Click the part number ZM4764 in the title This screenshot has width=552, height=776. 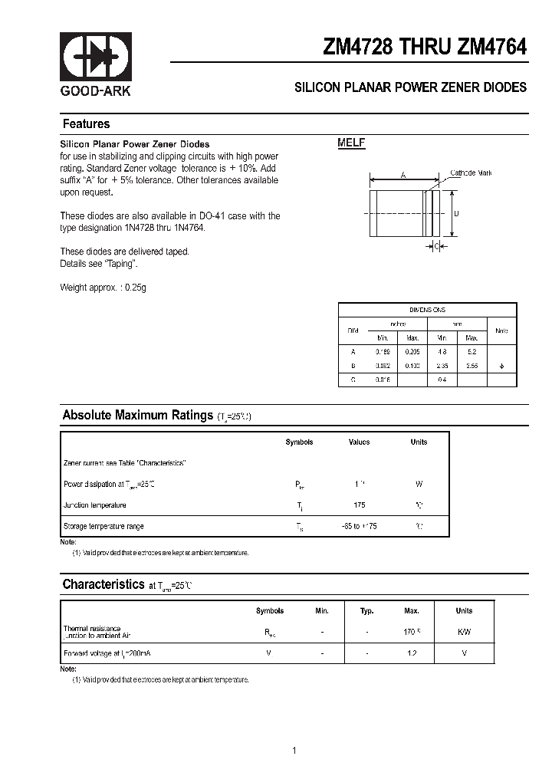(x=492, y=47)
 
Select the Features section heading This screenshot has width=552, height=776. (x=86, y=124)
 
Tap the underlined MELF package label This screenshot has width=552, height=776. (x=352, y=143)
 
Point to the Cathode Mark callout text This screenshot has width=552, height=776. (x=471, y=173)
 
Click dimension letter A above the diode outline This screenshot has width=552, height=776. (x=403, y=176)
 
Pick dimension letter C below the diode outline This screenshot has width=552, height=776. (x=436, y=246)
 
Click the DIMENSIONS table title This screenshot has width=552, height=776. (x=428, y=310)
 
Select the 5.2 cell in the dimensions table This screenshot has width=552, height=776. (x=472, y=351)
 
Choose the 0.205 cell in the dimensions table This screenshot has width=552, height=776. (x=412, y=351)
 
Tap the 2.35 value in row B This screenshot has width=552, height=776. (x=442, y=366)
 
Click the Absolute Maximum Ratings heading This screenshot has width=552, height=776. (x=137, y=416)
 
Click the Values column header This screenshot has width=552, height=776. (x=359, y=442)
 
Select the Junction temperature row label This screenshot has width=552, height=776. (x=94, y=505)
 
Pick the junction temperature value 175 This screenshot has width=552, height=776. (x=359, y=505)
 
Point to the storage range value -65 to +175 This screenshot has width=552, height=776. (x=359, y=526)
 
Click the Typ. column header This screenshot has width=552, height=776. (x=367, y=611)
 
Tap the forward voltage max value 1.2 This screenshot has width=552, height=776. (x=412, y=653)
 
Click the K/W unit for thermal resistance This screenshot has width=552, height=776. (x=464, y=632)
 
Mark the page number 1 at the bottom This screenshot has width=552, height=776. (x=294, y=728)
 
